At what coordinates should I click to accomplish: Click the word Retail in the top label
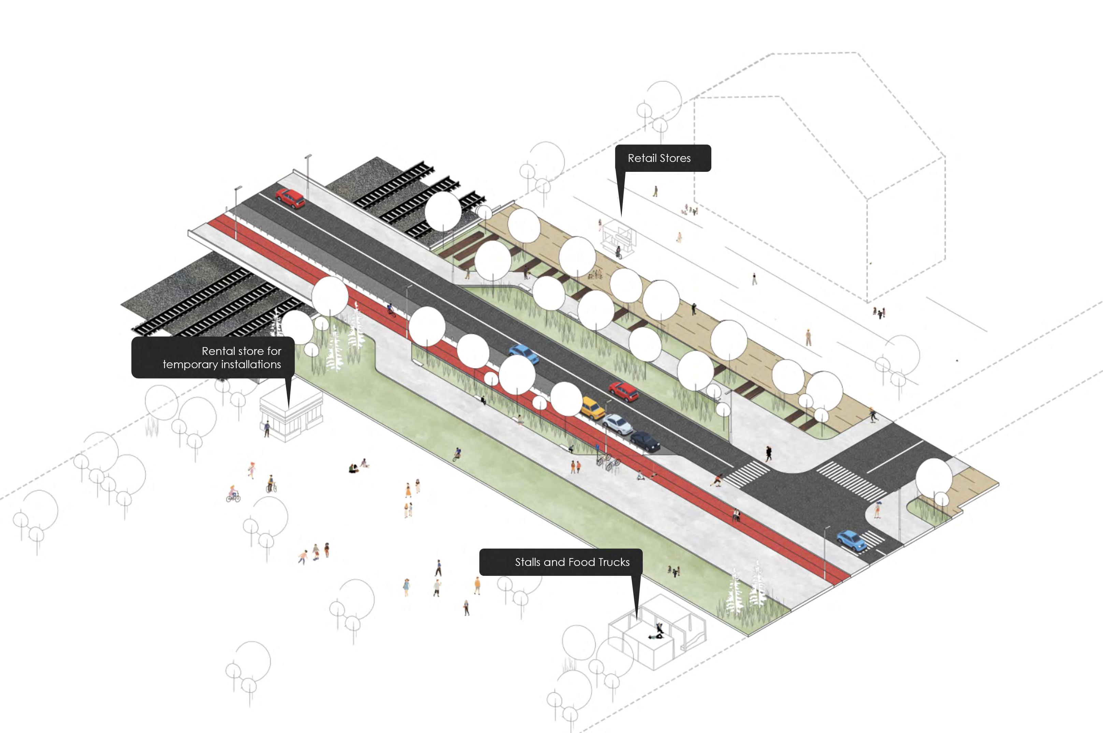click(642, 158)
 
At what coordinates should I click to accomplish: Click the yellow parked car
click(592, 408)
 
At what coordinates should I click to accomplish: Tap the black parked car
click(645, 441)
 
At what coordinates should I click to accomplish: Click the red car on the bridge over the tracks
click(290, 198)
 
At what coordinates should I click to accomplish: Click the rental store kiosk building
click(291, 414)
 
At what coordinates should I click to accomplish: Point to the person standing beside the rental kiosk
click(267, 428)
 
